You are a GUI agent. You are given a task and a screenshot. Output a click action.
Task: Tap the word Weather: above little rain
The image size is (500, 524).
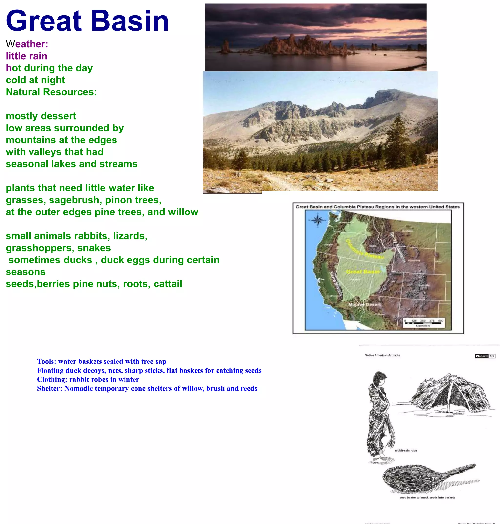click(x=27, y=44)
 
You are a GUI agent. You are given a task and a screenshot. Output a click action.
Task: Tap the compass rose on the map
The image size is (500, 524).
click(x=317, y=220)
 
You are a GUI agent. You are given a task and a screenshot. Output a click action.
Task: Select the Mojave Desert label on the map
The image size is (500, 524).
click(x=364, y=304)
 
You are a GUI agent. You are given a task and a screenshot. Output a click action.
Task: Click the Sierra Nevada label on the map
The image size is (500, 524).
click(x=335, y=283)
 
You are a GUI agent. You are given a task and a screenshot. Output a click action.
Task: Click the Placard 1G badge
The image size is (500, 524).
click(x=485, y=356)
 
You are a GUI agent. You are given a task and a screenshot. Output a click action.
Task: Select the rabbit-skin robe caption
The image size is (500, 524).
click(x=406, y=451)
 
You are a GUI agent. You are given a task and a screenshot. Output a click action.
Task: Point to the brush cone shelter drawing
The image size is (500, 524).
click(x=450, y=393)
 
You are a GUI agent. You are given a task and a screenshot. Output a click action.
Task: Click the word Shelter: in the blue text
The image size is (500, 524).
click(x=50, y=388)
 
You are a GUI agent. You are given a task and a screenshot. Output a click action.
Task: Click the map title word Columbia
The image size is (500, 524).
click(x=344, y=207)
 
